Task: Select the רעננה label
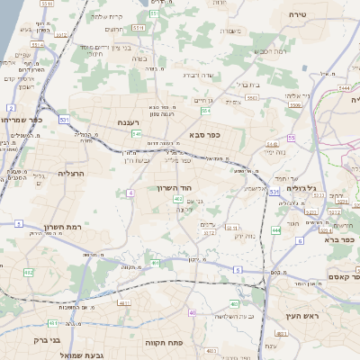point(128,122)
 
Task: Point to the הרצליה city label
point(71,172)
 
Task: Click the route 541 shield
point(136,133)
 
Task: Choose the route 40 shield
point(192,311)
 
